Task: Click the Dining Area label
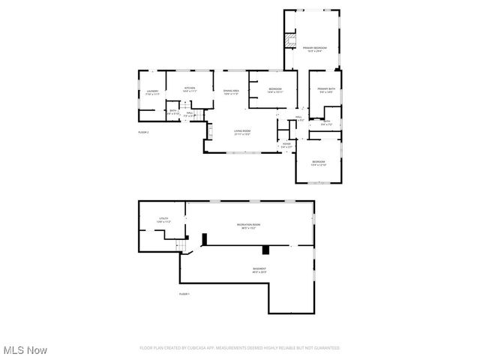tap(230, 92)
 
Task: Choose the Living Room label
tap(241, 132)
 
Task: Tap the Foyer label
tap(286, 145)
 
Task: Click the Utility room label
tap(163, 221)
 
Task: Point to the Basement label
tap(259, 270)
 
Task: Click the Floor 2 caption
tap(143, 132)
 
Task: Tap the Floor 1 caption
tap(184, 293)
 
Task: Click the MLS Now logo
tap(25, 349)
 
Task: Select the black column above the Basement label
tap(266, 249)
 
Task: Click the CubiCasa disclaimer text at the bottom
tap(239, 348)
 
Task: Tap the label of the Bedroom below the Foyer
tap(319, 163)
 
